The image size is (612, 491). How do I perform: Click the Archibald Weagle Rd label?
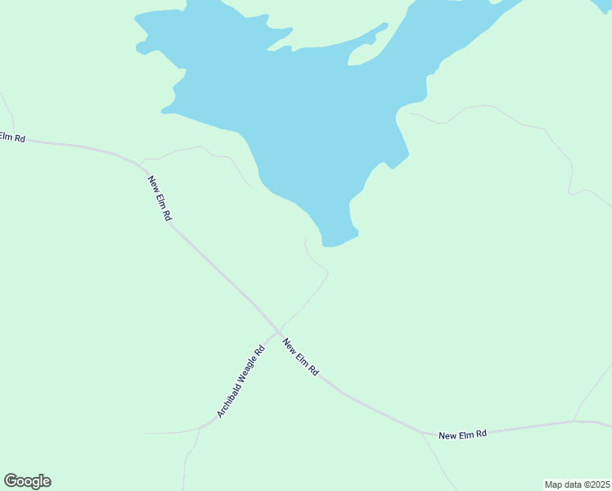click(x=241, y=382)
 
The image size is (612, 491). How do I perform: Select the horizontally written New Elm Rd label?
click(x=462, y=434)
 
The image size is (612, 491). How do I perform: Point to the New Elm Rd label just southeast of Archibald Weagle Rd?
click(x=300, y=358)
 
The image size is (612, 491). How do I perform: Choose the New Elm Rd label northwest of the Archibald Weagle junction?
click(x=160, y=197)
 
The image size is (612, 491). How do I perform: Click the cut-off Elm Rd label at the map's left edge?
click(x=12, y=137)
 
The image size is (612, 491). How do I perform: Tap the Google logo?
click(x=27, y=481)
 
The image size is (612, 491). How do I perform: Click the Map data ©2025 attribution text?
click(x=577, y=484)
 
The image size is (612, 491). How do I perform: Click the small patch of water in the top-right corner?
click(x=604, y=4)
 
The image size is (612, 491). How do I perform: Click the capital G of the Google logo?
click(x=11, y=481)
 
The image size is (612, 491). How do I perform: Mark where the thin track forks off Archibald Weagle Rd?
click(x=201, y=427)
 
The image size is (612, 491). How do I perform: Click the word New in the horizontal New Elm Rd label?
click(x=447, y=435)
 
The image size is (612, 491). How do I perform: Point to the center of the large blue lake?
click(x=319, y=106)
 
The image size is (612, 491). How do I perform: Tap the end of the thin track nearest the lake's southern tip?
click(x=306, y=240)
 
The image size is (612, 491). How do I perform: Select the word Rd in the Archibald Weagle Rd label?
click(x=260, y=352)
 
